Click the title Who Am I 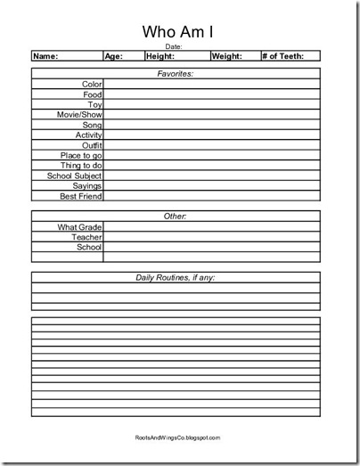175,31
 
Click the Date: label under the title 175,46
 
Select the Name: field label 45,56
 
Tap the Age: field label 113,56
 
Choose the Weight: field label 227,56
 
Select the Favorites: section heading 175,74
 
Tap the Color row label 93,84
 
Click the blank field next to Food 211,94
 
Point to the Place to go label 80,155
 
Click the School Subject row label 76,176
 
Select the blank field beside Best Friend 211,196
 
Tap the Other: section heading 175,217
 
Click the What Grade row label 80,227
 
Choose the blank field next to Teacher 211,237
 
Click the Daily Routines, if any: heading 175,278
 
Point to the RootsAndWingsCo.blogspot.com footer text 175,437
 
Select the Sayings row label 87,185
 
